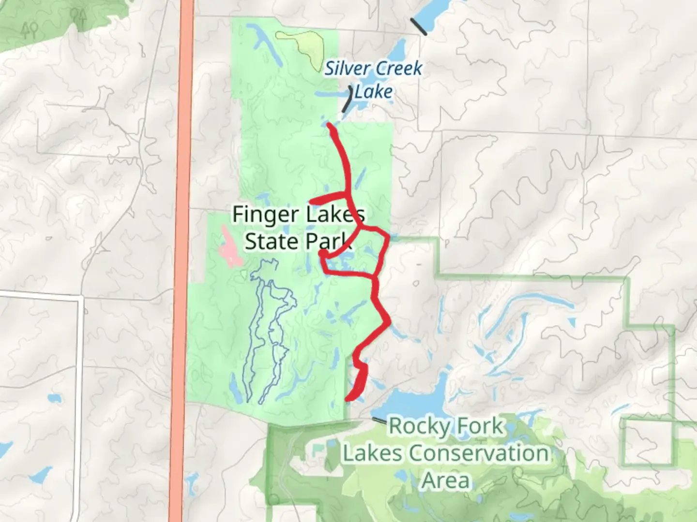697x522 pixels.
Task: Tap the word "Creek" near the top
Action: (397, 69)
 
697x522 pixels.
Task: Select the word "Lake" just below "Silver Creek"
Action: (373, 91)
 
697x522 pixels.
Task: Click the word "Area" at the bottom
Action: (446, 480)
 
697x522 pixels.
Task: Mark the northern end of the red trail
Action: (330, 125)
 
